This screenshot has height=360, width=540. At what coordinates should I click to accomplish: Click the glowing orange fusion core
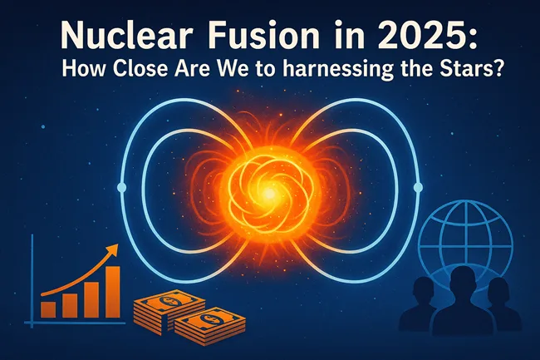click(x=268, y=190)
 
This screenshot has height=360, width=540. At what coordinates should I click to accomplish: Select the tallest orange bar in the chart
click(x=113, y=291)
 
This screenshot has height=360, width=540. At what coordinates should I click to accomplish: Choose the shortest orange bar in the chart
click(x=49, y=309)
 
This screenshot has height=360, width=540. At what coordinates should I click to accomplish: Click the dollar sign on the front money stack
click(x=204, y=320)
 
